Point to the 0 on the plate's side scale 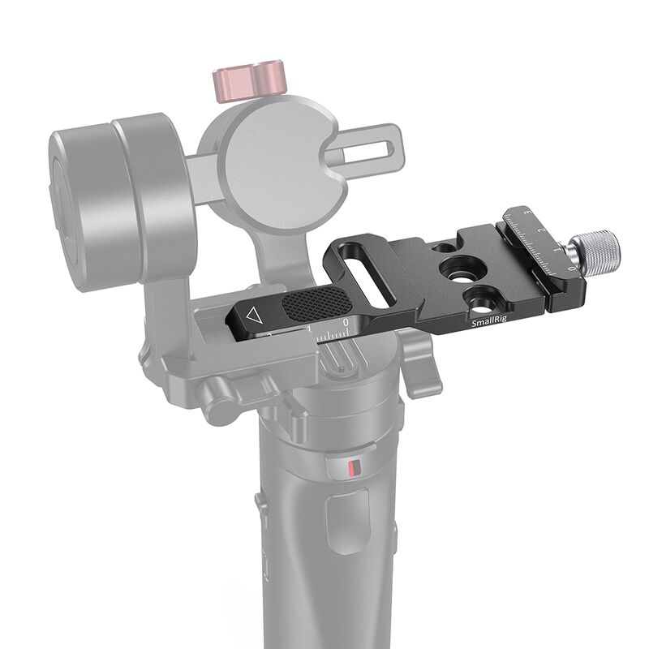pos(346,323)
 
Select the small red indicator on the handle pos(350,468)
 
